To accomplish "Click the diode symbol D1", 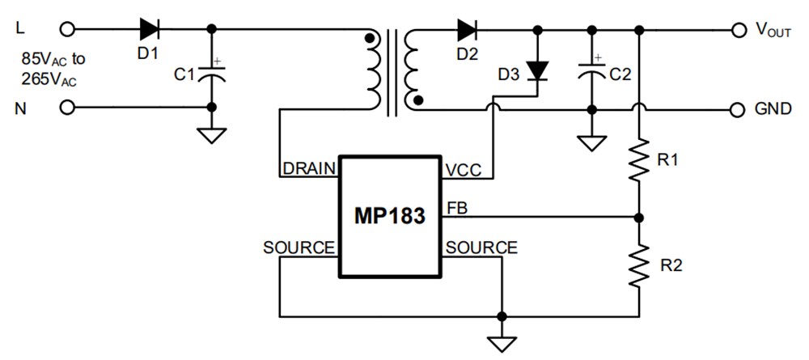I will pyautogui.click(x=149, y=29).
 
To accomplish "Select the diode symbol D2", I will pyautogui.click(x=467, y=29).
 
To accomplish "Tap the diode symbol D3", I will pyautogui.click(x=536, y=71).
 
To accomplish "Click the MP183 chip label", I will pyautogui.click(x=389, y=217).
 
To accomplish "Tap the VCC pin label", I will pyautogui.click(x=463, y=170).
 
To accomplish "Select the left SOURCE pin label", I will pyautogui.click(x=299, y=248).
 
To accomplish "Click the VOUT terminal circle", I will pyautogui.click(x=737, y=30).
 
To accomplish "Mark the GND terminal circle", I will pyautogui.click(x=737, y=108).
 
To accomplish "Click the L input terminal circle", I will pyautogui.click(x=66, y=29).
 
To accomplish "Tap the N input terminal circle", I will pyautogui.click(x=66, y=108).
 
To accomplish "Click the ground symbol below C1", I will pyautogui.click(x=212, y=134).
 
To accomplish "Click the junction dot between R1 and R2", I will pyautogui.click(x=640, y=218).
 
